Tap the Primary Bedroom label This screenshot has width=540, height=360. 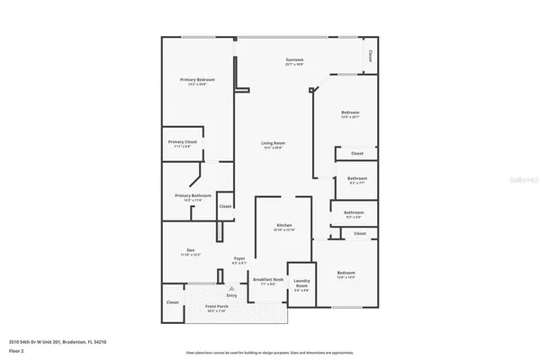(196, 80)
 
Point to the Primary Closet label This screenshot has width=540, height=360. (183, 142)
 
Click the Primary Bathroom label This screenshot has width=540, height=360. (193, 195)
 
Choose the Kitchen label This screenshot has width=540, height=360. (284, 224)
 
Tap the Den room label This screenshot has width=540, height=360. (191, 250)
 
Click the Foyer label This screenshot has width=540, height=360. (239, 259)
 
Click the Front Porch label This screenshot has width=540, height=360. (217, 309)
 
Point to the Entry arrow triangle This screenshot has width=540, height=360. (231, 288)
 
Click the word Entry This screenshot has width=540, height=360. (231, 295)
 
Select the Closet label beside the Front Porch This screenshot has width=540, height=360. (172, 302)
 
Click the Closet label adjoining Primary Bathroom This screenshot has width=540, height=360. (224, 206)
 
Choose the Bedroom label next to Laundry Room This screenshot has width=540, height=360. (346, 273)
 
